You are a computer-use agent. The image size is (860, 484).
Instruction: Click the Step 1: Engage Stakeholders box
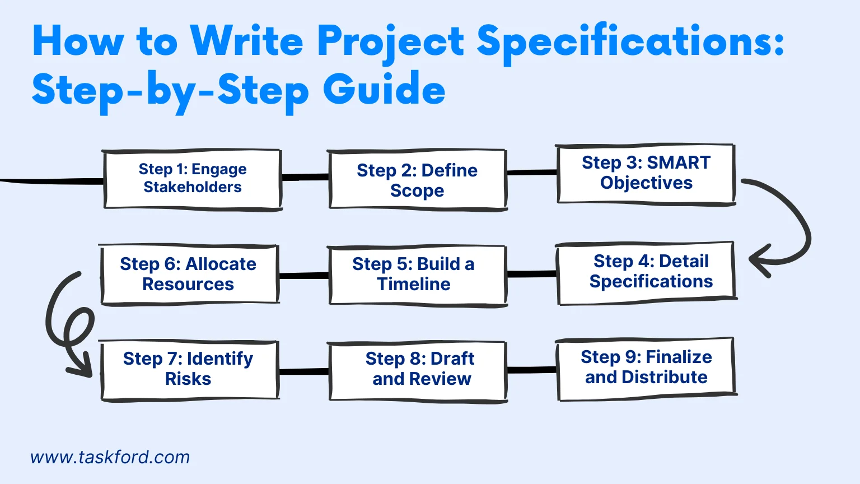pyautogui.click(x=192, y=179)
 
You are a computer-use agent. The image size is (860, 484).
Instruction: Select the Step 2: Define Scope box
pyautogui.click(x=417, y=180)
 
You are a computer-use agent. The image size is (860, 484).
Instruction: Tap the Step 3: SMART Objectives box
pyautogui.click(x=646, y=173)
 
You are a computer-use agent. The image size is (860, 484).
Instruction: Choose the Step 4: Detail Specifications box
pyautogui.click(x=646, y=272)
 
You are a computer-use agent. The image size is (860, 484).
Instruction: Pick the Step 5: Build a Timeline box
pyautogui.click(x=417, y=274)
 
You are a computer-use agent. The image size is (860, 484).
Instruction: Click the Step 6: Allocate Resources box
pyautogui.click(x=189, y=274)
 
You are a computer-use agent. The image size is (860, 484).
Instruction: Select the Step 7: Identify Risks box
pyautogui.click(x=189, y=369)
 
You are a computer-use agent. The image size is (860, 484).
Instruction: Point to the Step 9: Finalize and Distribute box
pyautogui.click(x=646, y=367)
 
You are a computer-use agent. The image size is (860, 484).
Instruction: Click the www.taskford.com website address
pyautogui.click(x=110, y=457)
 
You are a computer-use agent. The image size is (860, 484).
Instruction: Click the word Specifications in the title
pyautogui.click(x=630, y=43)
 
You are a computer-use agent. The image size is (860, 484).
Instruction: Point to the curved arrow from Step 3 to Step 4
pyautogui.click(x=795, y=224)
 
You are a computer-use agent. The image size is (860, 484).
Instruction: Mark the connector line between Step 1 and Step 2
pyautogui.click(x=304, y=178)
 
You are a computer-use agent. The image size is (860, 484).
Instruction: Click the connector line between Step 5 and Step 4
pyautogui.click(x=532, y=274)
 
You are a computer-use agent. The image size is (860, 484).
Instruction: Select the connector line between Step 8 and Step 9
pyautogui.click(x=532, y=370)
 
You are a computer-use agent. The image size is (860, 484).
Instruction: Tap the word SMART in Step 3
pyautogui.click(x=678, y=162)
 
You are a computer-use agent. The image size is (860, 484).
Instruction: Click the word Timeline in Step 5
pyautogui.click(x=414, y=285)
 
